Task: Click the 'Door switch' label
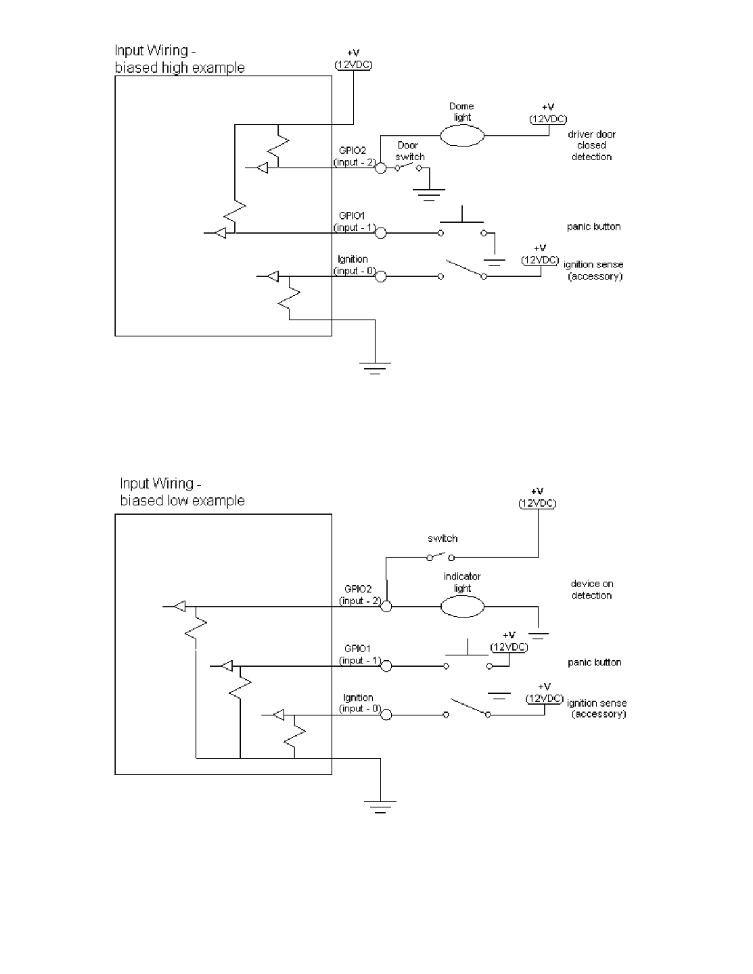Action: (x=410, y=151)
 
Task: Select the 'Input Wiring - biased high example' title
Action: (x=180, y=58)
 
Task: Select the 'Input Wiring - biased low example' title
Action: (x=182, y=492)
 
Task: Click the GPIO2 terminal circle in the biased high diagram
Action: (x=380, y=168)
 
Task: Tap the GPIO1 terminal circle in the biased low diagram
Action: (x=386, y=666)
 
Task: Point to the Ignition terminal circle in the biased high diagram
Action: (x=380, y=277)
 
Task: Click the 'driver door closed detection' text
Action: (x=592, y=145)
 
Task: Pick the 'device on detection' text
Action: (x=592, y=590)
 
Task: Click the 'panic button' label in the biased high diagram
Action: (x=594, y=226)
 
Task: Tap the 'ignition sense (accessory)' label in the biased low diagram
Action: (x=597, y=708)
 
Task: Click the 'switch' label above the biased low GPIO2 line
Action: (x=443, y=538)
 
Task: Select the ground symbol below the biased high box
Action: (x=375, y=368)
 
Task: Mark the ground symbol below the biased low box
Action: (x=380, y=806)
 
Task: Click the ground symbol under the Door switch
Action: (x=429, y=194)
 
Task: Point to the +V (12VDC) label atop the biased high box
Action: (x=353, y=59)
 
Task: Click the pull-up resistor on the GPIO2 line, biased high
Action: (x=279, y=146)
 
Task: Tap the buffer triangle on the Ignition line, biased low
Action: (x=278, y=715)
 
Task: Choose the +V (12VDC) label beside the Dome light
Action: (x=548, y=113)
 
